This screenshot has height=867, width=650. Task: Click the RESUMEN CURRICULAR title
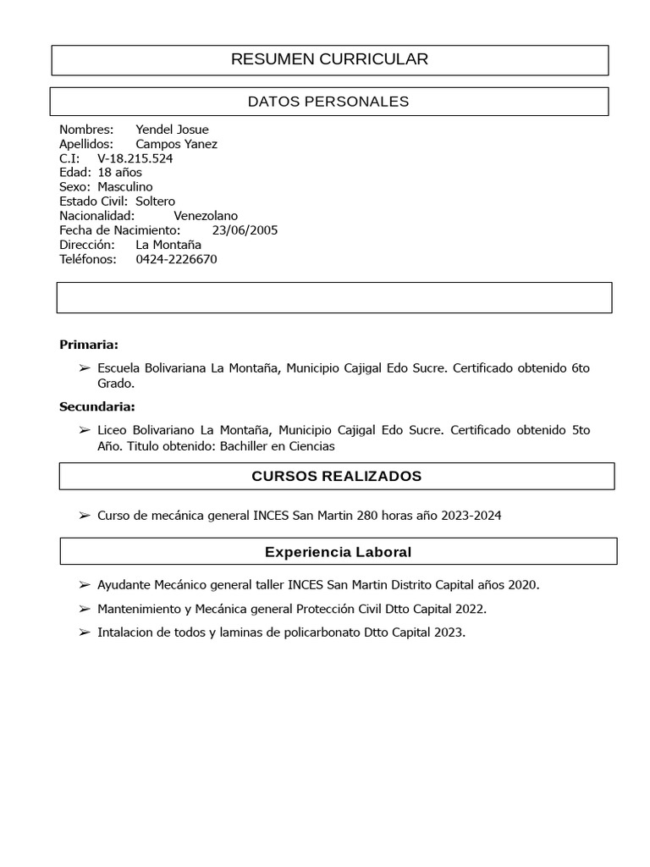pyautogui.click(x=329, y=59)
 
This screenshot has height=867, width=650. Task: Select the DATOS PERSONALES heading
pyautogui.click(x=328, y=102)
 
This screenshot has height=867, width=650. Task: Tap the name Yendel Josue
pyautogui.click(x=172, y=130)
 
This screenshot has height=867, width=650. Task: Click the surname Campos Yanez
pyautogui.click(x=176, y=144)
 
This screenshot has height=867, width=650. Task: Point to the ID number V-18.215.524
pyautogui.click(x=135, y=158)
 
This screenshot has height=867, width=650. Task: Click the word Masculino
pyautogui.click(x=124, y=187)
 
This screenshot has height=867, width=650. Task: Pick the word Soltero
pyautogui.click(x=155, y=202)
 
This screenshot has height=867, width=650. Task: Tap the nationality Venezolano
pyautogui.click(x=206, y=216)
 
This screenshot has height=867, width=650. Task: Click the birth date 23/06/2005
pyautogui.click(x=245, y=230)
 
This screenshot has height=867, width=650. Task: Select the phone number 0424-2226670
pyautogui.click(x=176, y=259)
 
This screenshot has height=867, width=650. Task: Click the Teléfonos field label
pyautogui.click(x=87, y=259)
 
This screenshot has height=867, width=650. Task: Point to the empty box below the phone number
pyautogui.click(x=333, y=298)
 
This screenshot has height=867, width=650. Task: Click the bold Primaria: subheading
pyautogui.click(x=89, y=345)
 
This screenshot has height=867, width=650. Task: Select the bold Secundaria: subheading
pyautogui.click(x=96, y=407)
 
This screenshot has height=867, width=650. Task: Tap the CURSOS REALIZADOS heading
pyautogui.click(x=336, y=476)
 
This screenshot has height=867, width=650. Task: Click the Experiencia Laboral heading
pyautogui.click(x=338, y=552)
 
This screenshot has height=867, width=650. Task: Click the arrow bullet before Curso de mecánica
pyautogui.click(x=84, y=516)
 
